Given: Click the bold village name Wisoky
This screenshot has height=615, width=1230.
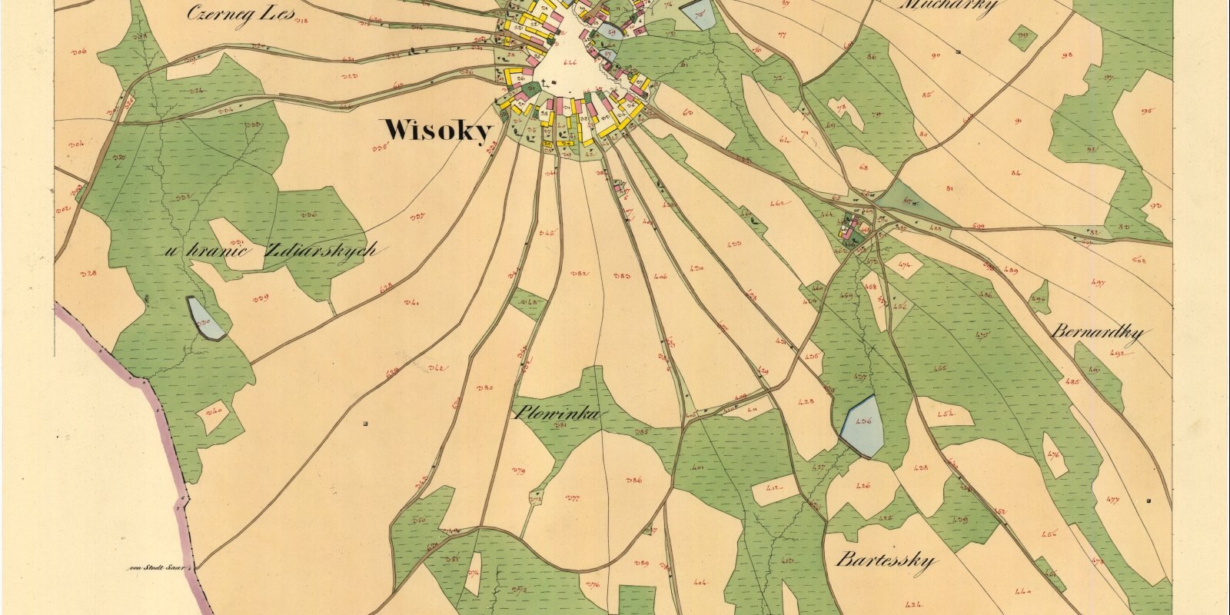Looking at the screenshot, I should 437,131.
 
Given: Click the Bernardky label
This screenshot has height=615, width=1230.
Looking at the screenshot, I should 1097,334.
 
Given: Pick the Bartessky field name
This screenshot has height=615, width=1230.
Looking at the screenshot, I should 886,559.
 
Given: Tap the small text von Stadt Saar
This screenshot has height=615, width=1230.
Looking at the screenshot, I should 159,568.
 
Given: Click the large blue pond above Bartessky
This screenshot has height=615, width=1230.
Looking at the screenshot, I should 859,425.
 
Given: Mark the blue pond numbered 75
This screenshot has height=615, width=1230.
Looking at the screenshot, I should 699,15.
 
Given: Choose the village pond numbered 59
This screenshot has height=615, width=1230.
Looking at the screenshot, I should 610,32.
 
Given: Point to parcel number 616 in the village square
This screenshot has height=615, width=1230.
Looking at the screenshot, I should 570,62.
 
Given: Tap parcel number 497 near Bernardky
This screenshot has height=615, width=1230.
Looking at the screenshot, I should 1098,284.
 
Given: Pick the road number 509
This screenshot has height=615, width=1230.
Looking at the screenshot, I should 979,226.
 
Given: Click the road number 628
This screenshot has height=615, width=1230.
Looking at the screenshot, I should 386,285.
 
